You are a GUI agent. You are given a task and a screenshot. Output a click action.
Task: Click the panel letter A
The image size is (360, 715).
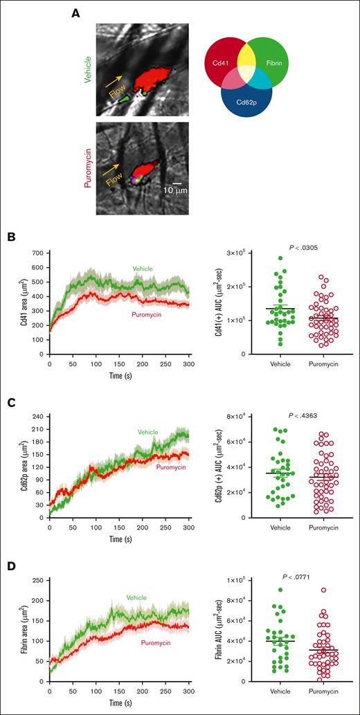coord(77,12)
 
